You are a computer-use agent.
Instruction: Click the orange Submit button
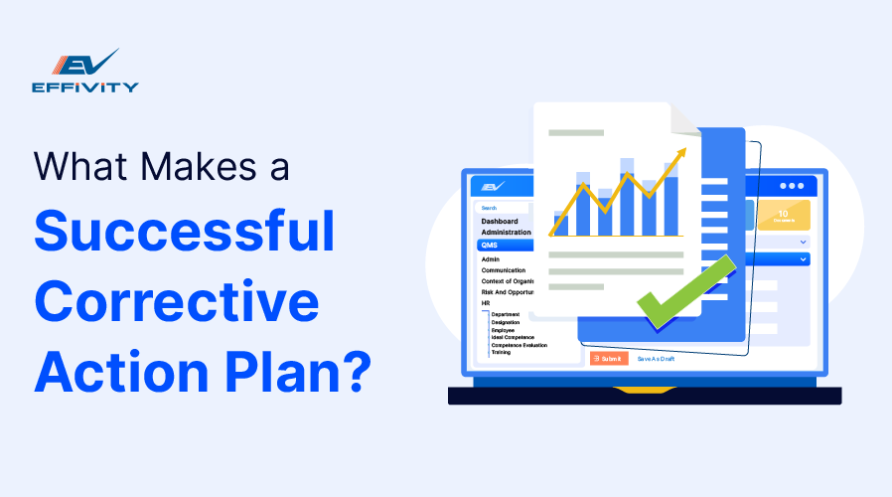pos(608,358)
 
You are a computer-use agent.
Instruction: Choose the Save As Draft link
pos(656,358)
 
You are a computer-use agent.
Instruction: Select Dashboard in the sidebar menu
pos(500,221)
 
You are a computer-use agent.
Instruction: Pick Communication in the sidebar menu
pos(504,269)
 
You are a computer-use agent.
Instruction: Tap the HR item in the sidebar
pos(486,303)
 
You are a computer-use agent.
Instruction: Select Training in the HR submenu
pos(502,352)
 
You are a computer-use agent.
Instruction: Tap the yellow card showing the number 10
pos(784,215)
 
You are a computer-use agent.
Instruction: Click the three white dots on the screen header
pos(792,186)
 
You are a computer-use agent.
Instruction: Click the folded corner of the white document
pos(685,120)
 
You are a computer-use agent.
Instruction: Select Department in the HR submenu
pos(507,314)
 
